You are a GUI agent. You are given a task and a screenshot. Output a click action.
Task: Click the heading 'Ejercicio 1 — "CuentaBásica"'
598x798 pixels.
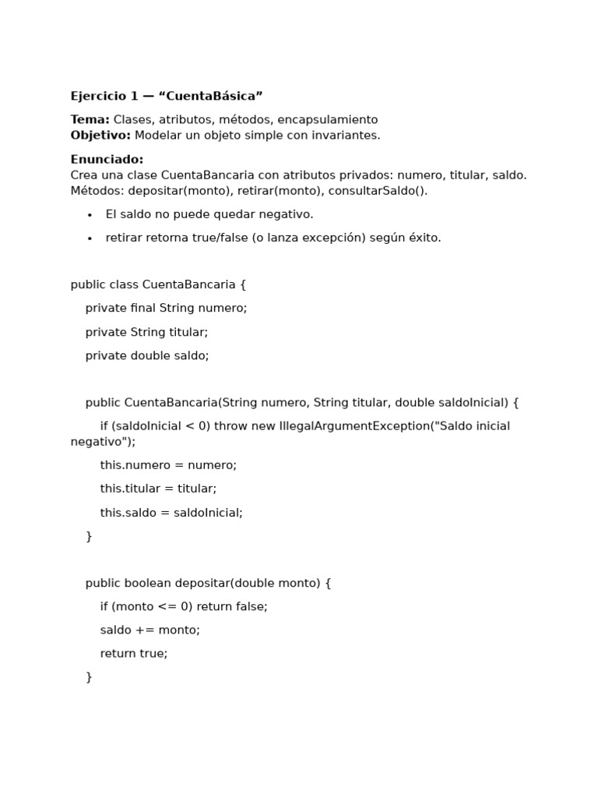click(167, 96)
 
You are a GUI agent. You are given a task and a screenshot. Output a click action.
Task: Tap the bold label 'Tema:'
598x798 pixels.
click(90, 119)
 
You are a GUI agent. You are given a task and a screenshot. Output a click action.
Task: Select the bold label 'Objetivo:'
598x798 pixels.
click(100, 135)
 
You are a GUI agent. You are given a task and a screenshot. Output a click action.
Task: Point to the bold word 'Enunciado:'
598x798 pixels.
click(107, 159)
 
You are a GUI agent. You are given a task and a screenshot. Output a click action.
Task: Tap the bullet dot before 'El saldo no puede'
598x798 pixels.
click(90, 215)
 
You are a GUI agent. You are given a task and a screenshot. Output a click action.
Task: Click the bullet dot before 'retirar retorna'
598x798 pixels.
click(90, 238)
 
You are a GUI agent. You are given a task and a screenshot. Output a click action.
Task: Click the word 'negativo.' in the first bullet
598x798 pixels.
click(287, 214)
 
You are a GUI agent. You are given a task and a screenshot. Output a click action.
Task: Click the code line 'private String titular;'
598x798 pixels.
click(146, 332)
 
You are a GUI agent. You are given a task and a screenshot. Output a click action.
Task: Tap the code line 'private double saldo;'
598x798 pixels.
click(147, 355)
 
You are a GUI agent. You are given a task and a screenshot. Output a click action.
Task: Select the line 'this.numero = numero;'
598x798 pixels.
click(168, 465)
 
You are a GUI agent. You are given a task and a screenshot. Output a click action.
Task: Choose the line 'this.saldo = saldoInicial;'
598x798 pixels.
click(171, 512)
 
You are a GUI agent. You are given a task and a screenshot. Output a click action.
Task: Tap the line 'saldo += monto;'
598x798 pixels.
click(149, 630)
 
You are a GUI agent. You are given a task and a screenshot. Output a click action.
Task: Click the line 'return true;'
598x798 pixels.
click(134, 653)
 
